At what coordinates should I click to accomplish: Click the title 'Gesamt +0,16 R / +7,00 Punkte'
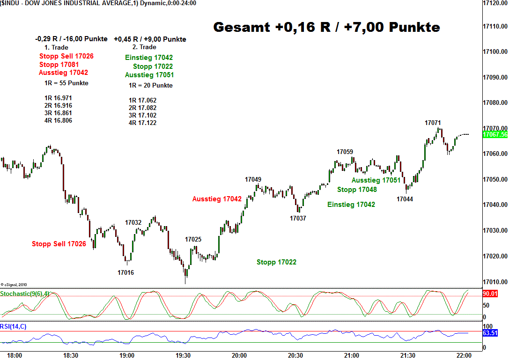pyautogui.click(x=326, y=27)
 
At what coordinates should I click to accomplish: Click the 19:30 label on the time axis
pyautogui.click(x=183, y=355)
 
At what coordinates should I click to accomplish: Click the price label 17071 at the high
pyautogui.click(x=433, y=123)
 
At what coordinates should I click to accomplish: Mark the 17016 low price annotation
pyautogui.click(x=125, y=272)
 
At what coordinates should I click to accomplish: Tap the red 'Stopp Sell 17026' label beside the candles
pyautogui.click(x=59, y=244)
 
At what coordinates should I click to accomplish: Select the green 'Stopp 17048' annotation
pyautogui.click(x=357, y=190)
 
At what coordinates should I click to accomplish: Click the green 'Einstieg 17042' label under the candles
pyautogui.click(x=351, y=205)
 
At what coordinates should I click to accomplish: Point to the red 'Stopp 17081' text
pyautogui.click(x=59, y=65)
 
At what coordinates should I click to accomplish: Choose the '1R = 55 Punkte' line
pyautogui.click(x=66, y=83)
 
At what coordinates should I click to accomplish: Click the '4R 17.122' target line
pyautogui.click(x=142, y=123)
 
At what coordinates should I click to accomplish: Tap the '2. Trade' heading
pyautogui.click(x=144, y=47)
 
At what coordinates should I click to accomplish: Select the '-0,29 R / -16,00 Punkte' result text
pyautogui.click(x=71, y=39)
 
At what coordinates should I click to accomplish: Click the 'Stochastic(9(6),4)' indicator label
pyautogui.click(x=24, y=294)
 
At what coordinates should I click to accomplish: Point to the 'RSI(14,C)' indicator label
pyautogui.click(x=13, y=326)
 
